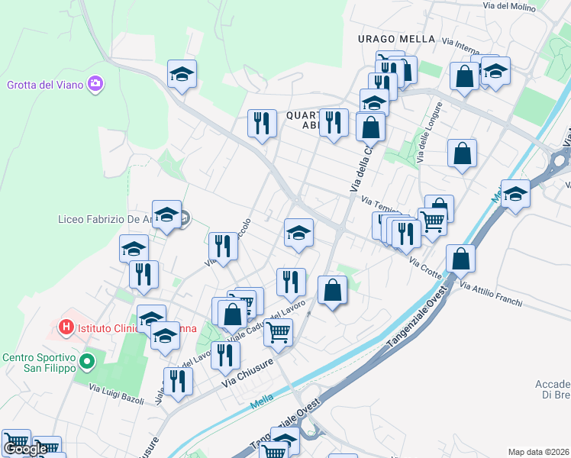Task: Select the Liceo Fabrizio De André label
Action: [104, 219]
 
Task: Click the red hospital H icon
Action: [66, 327]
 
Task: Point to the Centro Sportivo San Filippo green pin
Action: [87, 360]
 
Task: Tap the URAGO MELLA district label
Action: [396, 39]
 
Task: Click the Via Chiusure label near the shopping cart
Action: [248, 373]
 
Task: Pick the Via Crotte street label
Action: [425, 269]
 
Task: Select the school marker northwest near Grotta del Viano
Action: [182, 74]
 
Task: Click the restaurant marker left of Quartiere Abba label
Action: [262, 124]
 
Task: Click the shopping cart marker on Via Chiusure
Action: [278, 332]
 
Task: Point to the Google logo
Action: [25, 449]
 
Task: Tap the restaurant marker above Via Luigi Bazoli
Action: [178, 382]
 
